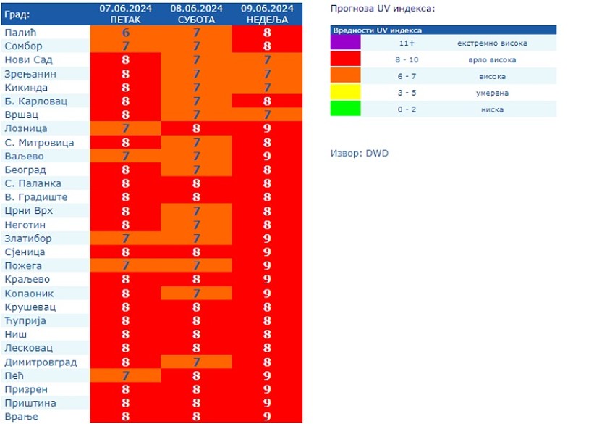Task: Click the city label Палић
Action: [20, 33]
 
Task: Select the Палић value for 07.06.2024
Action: [126, 33]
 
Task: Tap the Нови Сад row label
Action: [28, 59]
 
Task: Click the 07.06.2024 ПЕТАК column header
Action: [126, 14]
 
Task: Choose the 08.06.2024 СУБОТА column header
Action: [196, 14]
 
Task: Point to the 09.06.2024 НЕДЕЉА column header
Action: [267, 14]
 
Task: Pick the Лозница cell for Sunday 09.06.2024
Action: [267, 128]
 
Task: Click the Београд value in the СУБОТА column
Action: [196, 170]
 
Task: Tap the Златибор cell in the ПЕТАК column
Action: [126, 238]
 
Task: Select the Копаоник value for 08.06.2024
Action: [196, 294]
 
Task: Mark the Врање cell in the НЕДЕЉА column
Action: [267, 417]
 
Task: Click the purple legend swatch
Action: [345, 43]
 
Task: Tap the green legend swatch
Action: [345, 109]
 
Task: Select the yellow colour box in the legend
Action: [345, 93]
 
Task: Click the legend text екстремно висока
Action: [492, 43]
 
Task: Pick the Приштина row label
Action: [30, 403]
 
